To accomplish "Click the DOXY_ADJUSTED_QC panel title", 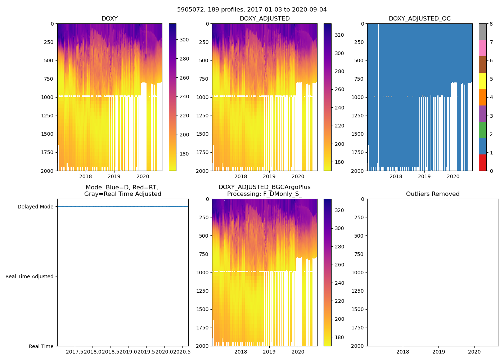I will (x=419, y=19).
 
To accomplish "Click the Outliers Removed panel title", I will (x=433, y=194).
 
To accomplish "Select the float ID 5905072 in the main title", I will (x=189, y=10).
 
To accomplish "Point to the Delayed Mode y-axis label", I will (x=35, y=207).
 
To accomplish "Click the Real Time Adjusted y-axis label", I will (x=30, y=276).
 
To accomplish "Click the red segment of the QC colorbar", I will (x=482, y=162).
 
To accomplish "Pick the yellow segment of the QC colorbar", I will (x=482, y=81).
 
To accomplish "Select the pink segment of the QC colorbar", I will (x=482, y=48).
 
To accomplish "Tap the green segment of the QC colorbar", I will (x=482, y=130).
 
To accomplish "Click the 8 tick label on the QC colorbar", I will (x=491, y=24).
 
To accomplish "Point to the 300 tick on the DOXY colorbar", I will (x=184, y=40).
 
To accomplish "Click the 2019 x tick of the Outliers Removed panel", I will (x=438, y=352).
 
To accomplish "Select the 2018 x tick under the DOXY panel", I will (x=85, y=176).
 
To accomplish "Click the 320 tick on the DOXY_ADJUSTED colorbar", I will (x=339, y=35).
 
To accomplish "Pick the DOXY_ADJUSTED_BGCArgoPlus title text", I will (x=264, y=187).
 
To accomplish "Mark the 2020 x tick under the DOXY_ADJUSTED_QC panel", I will (x=453, y=176).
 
